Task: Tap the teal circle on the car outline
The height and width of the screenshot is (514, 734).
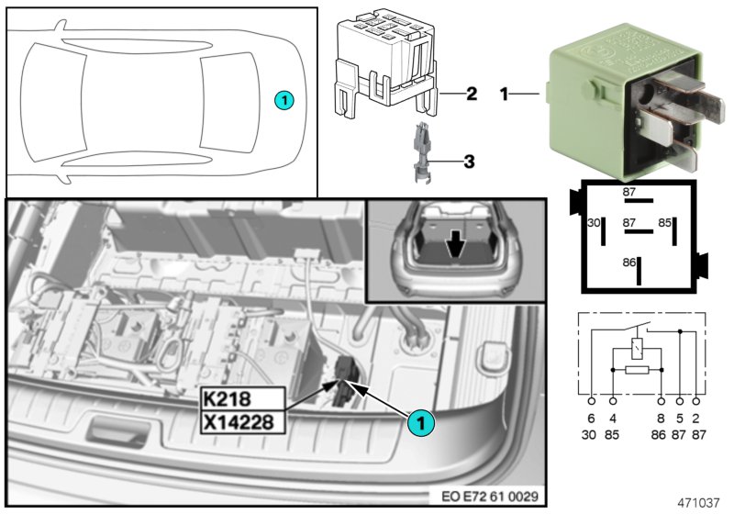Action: point(284,99)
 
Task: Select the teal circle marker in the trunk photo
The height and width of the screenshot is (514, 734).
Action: point(419,423)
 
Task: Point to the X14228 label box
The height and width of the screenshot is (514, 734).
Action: point(238,421)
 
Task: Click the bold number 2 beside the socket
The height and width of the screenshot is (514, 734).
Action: point(472,94)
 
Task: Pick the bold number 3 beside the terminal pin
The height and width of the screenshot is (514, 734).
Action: point(468,162)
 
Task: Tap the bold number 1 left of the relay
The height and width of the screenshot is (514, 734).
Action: point(504,94)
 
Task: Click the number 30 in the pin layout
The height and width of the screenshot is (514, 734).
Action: point(593,223)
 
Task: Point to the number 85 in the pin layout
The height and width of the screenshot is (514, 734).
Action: point(665,223)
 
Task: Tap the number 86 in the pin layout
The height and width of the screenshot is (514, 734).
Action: point(628,262)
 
